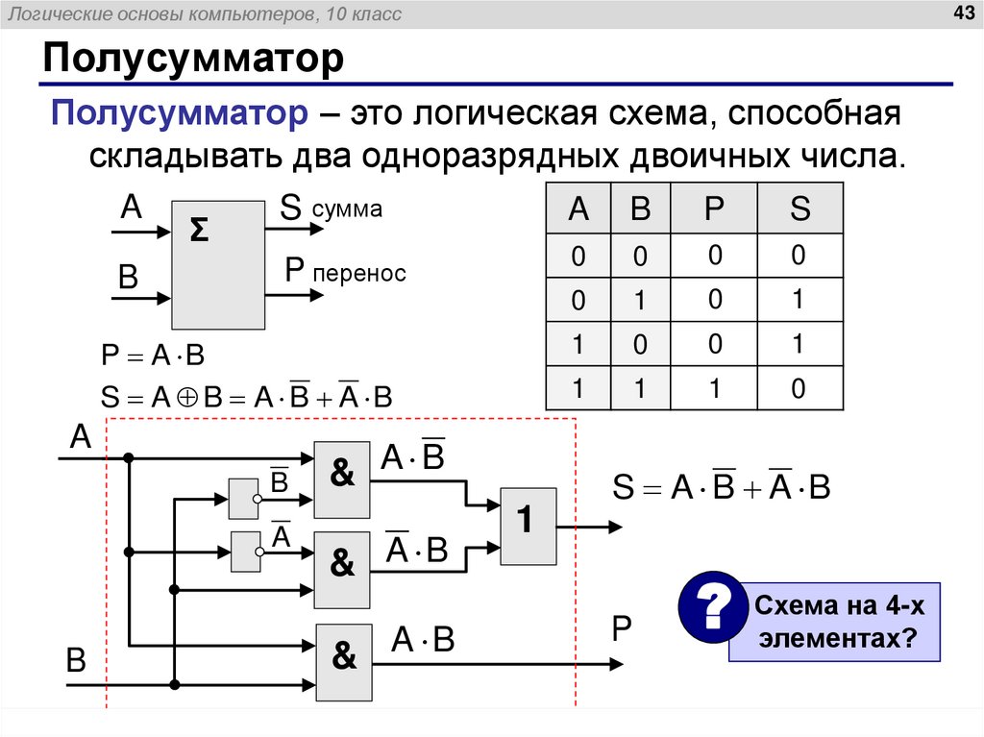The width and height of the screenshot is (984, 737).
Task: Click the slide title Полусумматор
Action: (x=192, y=61)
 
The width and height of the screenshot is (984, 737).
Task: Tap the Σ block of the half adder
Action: (x=218, y=264)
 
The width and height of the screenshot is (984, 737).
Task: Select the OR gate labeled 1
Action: (x=529, y=526)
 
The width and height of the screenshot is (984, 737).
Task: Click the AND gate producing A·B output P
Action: (x=345, y=661)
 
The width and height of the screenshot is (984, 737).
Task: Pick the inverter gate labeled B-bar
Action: (x=244, y=498)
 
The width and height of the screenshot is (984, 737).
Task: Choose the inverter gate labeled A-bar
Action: (x=246, y=551)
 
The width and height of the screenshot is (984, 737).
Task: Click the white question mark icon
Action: (x=712, y=607)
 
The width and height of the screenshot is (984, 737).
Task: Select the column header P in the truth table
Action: (x=713, y=208)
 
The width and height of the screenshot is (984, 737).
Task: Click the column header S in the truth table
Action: (x=799, y=208)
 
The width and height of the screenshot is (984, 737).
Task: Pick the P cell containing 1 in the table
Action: (x=713, y=388)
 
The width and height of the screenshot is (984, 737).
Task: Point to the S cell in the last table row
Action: (x=799, y=388)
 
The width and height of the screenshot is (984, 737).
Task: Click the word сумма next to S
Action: (x=347, y=209)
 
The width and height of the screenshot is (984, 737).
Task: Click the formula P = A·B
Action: (x=154, y=355)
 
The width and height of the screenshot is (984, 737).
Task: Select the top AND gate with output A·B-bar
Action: (x=342, y=475)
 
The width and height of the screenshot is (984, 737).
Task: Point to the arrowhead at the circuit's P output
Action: (x=623, y=662)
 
